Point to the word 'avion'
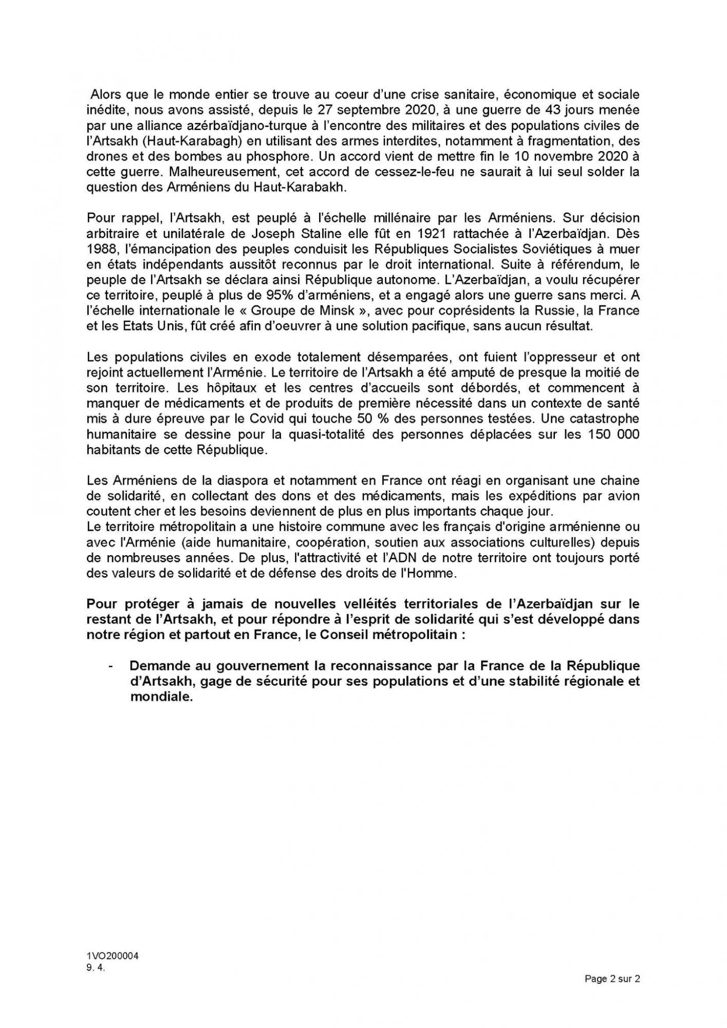[623, 496]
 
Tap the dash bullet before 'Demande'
[110, 666]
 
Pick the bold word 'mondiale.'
[161, 697]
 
